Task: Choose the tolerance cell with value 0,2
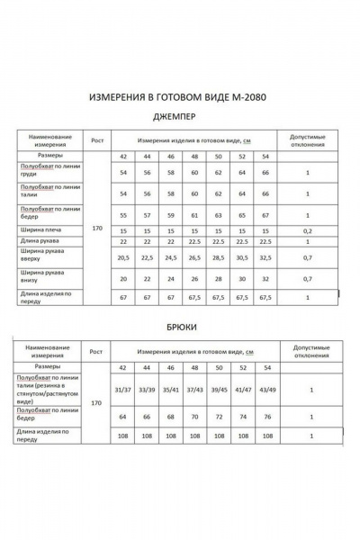pos(307,230)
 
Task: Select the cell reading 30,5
pos(241,256)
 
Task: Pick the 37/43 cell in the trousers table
pos(194,389)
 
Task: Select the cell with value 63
pos(218,216)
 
